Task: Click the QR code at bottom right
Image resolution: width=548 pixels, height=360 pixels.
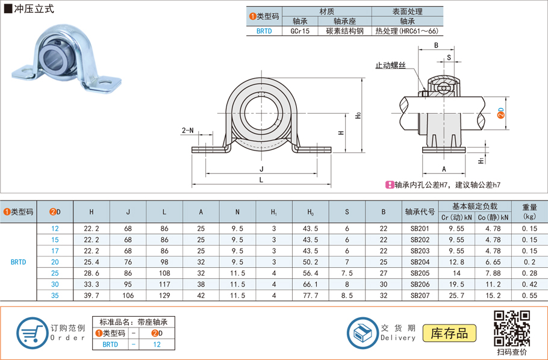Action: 512,329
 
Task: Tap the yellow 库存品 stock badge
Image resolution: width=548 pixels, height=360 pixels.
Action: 449,333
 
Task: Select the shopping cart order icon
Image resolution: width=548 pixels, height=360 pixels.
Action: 32,333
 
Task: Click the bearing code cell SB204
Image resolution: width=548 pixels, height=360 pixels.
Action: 420,262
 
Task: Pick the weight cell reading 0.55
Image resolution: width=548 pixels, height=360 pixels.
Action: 529,296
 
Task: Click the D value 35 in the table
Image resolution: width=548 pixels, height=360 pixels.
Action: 55,296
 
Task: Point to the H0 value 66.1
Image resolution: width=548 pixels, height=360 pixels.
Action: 310,284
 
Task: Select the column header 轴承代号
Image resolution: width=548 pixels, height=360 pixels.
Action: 420,212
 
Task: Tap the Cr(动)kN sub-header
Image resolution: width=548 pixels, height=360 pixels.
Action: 456,217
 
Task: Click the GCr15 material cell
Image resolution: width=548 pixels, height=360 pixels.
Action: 300,31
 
